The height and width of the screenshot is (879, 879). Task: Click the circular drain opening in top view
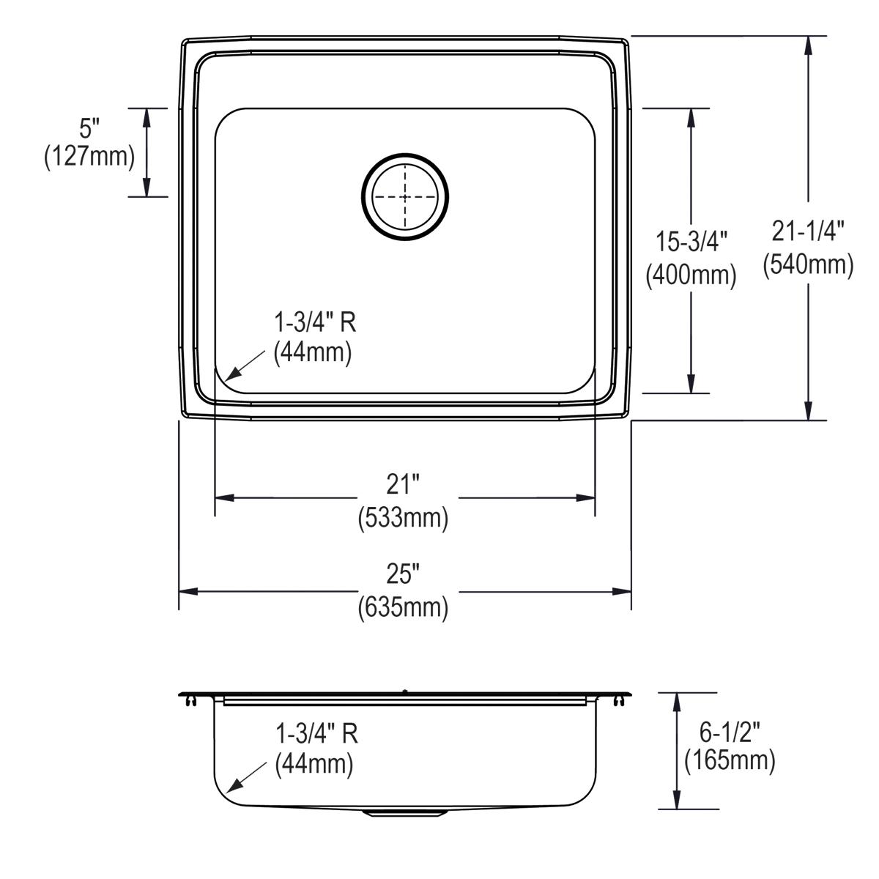(x=405, y=197)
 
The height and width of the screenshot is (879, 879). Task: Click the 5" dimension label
(x=89, y=130)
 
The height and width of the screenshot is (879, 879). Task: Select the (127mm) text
(x=89, y=157)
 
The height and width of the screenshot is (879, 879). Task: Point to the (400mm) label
(x=690, y=275)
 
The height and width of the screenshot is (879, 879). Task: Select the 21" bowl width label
(x=403, y=486)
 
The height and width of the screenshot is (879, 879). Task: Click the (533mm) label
(x=403, y=519)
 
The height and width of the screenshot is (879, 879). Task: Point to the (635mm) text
(x=403, y=608)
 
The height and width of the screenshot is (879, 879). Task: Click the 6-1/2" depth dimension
(x=729, y=731)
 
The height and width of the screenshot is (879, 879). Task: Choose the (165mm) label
(x=730, y=761)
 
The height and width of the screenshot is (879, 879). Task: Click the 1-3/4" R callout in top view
(x=315, y=322)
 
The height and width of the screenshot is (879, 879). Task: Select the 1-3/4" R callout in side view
(x=316, y=732)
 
